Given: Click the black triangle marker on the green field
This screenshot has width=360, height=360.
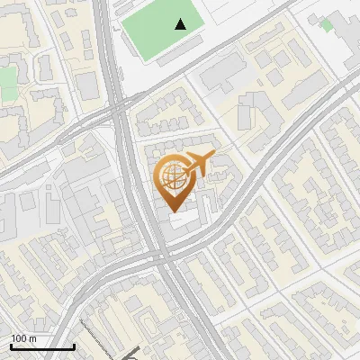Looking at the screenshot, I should point(182,24).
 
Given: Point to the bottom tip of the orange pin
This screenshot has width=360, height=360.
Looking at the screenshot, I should point(173,211).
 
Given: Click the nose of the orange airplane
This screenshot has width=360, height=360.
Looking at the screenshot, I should point(215,156).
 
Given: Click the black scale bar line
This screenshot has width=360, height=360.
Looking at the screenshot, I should point(42,346).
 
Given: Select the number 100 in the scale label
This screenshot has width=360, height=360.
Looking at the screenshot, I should point(19,338).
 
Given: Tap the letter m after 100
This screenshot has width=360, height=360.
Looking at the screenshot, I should point(32,338).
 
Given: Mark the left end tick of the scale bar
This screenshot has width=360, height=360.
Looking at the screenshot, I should point(11,346).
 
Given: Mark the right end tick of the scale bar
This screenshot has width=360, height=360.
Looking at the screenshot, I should point(74,346).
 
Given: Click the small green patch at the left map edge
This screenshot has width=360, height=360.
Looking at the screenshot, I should point(7,83).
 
